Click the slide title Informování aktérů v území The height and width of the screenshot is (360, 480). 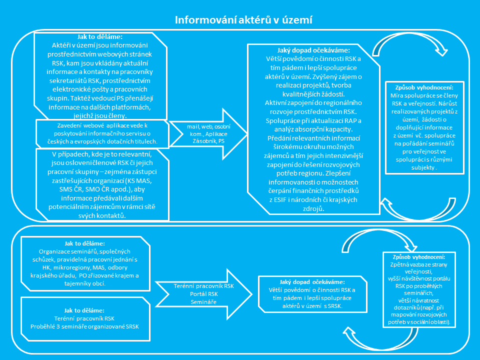pyautogui.click(x=243, y=20)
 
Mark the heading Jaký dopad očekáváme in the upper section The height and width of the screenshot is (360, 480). pyautogui.click(x=314, y=50)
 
